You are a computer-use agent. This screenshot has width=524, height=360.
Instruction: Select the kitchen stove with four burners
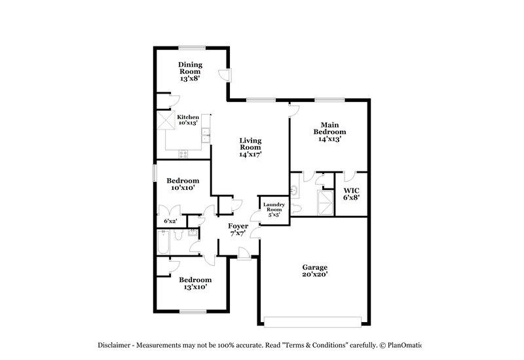pyautogui.click(x=183, y=154)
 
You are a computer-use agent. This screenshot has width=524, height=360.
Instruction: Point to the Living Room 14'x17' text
pyautogui.click(x=250, y=148)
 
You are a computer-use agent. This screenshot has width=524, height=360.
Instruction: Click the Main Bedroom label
pyautogui.click(x=329, y=132)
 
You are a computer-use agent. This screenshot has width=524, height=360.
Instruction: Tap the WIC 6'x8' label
pyautogui.click(x=350, y=194)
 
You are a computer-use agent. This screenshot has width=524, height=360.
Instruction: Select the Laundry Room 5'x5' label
pyautogui.click(x=274, y=209)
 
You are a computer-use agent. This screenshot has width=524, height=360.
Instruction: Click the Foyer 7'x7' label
pyautogui.click(x=237, y=230)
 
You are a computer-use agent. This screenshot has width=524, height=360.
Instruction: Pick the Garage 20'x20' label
pyautogui.click(x=314, y=271)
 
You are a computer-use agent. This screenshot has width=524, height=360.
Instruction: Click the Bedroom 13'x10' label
pyautogui.click(x=195, y=283)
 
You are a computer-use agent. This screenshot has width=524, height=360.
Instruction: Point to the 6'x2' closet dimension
pyautogui.click(x=170, y=221)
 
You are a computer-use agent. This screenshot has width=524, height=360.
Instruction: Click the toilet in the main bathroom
pyautogui.click(x=295, y=208)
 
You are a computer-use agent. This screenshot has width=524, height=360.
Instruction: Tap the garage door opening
pyautogui.click(x=314, y=321)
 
